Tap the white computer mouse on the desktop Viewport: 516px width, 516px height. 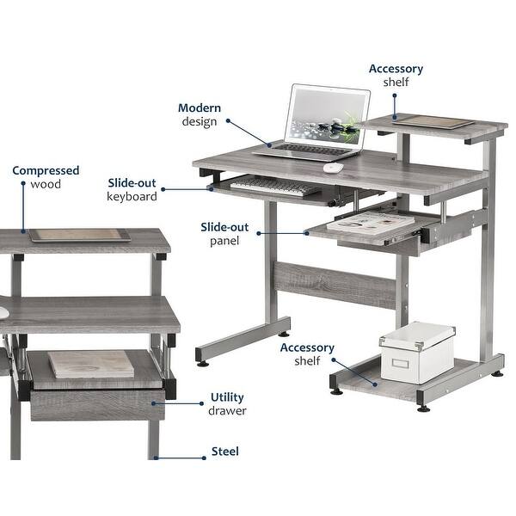tap(333, 167)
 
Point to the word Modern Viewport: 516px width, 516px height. tap(200, 108)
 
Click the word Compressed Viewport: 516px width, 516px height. tap(46, 170)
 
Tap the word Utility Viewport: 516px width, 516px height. tap(227, 397)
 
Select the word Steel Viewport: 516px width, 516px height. tap(225, 451)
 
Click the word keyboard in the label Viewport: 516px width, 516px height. tap(132, 196)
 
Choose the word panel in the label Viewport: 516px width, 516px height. tap(224, 241)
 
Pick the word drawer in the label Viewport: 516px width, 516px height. tap(227, 411)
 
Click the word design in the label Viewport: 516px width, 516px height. tap(200, 121)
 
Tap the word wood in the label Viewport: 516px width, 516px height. tap(46, 184)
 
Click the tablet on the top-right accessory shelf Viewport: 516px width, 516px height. tap(433, 121)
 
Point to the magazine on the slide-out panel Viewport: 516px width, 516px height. tap(374, 224)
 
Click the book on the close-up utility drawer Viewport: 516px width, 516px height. tap(91, 363)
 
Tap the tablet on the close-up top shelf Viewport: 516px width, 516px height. tap(79, 234)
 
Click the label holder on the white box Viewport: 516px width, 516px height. tap(402, 365)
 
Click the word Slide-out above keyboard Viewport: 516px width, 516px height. tap(132, 182)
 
